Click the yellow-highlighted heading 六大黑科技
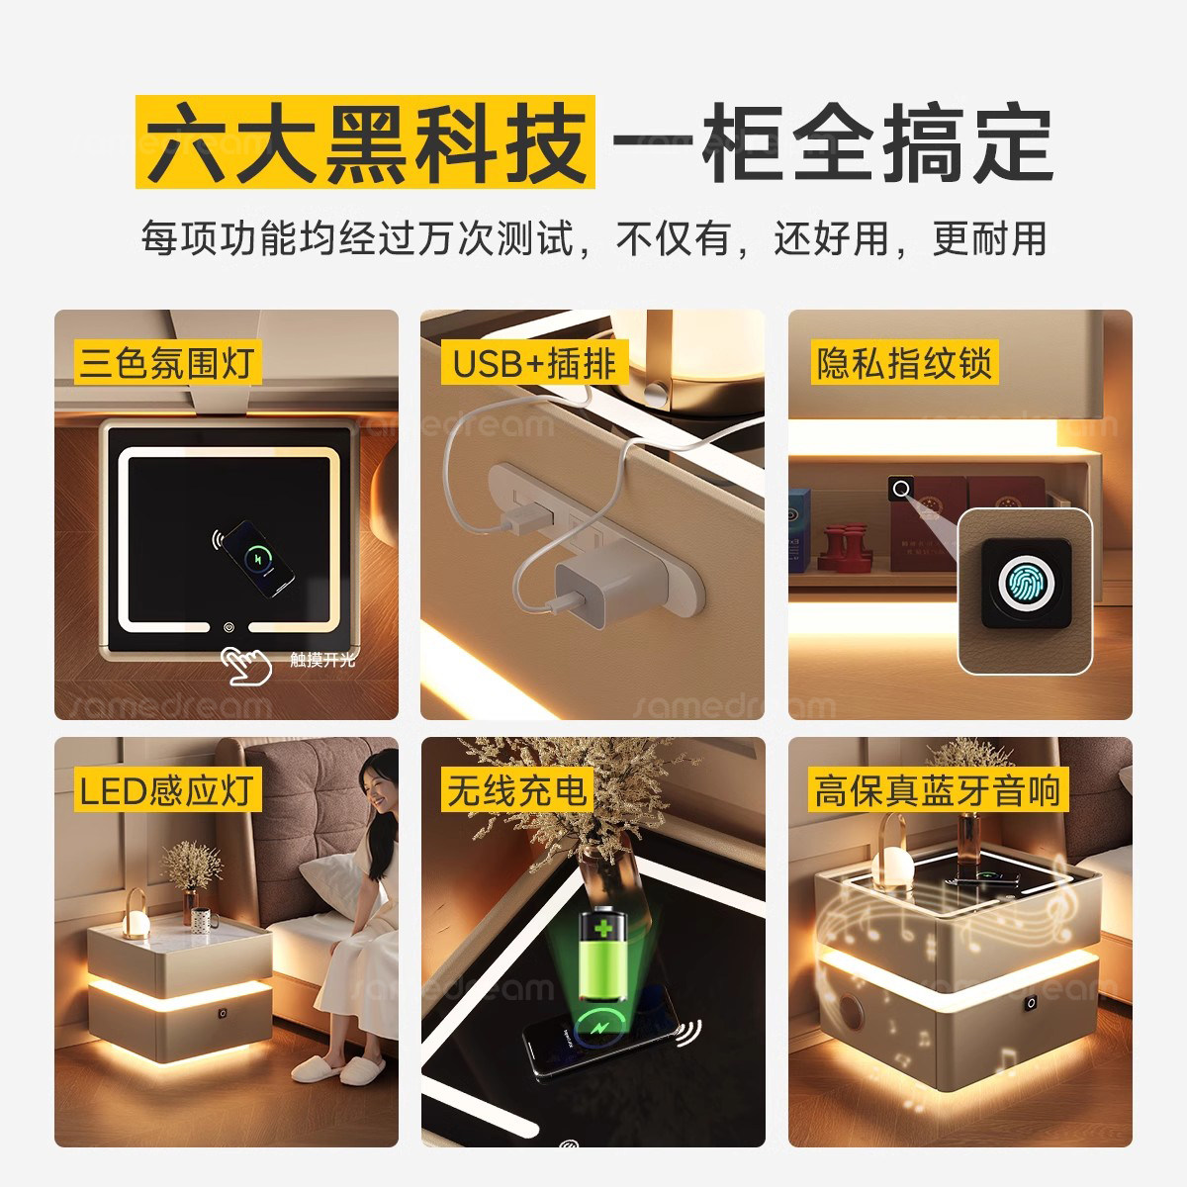tap(365, 140)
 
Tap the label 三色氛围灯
tap(166, 364)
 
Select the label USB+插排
tap(534, 364)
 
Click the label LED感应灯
tap(166, 791)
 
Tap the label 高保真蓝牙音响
tap(936, 791)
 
